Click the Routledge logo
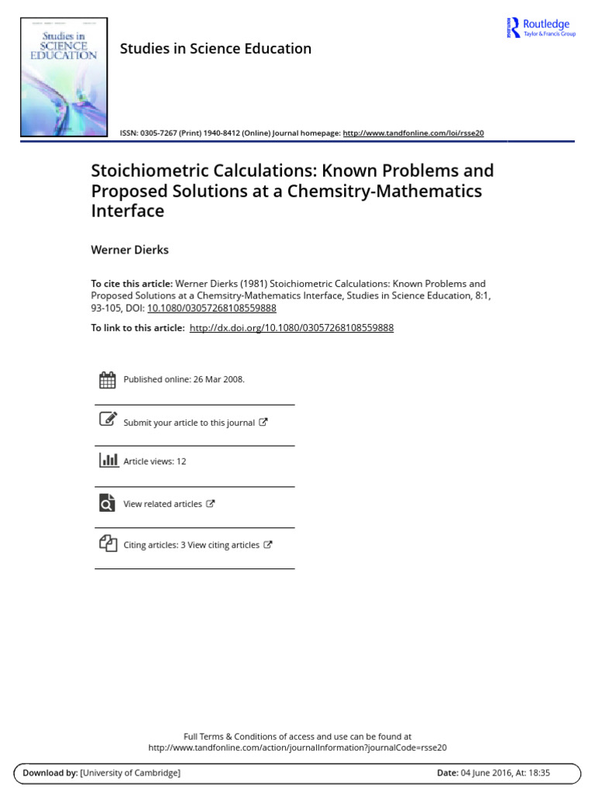tap(540, 27)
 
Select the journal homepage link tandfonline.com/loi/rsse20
tap(413, 133)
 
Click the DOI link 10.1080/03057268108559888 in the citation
tap(212, 308)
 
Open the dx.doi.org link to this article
tap(291, 328)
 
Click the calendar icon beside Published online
tap(108, 380)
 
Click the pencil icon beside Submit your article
tap(108, 419)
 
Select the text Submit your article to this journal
tap(189, 423)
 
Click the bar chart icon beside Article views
tap(108, 460)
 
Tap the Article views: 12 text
tap(155, 461)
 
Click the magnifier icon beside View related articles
tap(107, 502)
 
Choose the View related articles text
tap(163, 504)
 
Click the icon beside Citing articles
tap(108, 544)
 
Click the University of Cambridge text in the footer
tap(130, 773)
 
